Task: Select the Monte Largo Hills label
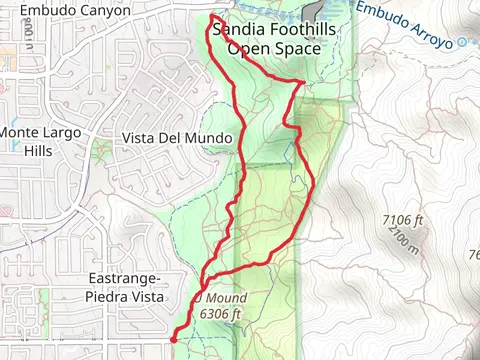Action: [x=40, y=141]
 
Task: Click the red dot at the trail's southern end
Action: [x=175, y=340]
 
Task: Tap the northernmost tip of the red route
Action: [x=213, y=16]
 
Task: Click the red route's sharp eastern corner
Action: [x=303, y=83]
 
